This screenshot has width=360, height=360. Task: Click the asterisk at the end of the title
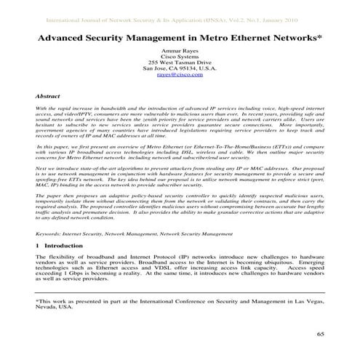(x=320, y=33)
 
